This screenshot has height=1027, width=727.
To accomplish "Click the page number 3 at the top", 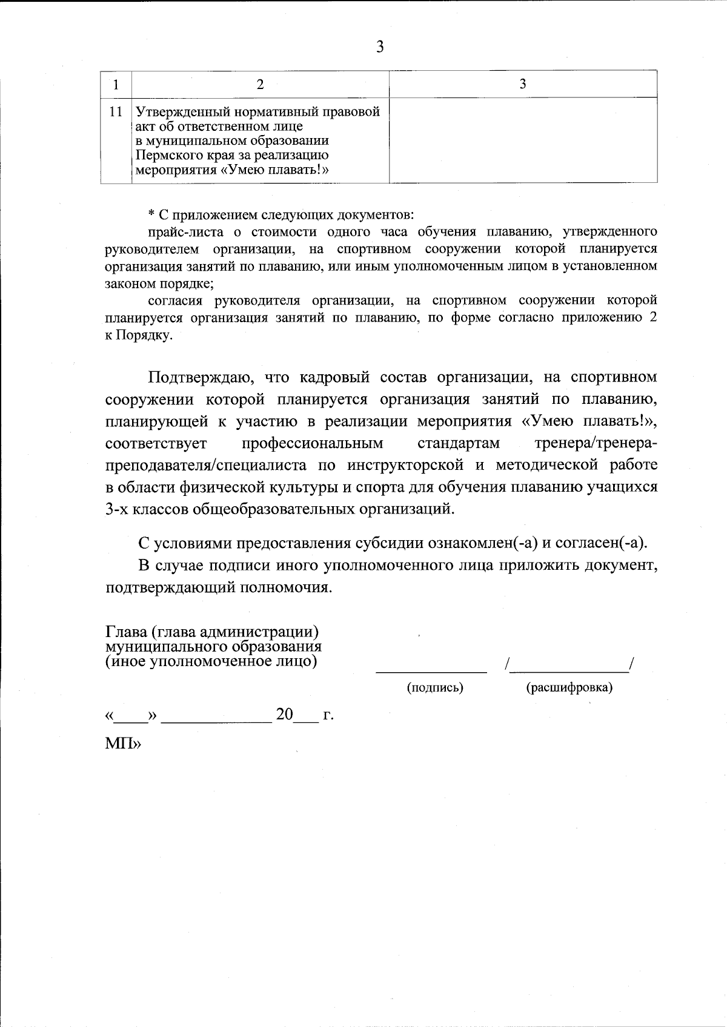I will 380,47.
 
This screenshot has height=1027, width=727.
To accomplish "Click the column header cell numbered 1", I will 115,84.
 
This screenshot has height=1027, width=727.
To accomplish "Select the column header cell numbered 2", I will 260,84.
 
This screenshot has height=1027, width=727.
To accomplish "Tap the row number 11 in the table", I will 116,112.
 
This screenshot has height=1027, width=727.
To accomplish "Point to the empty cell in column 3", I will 522,140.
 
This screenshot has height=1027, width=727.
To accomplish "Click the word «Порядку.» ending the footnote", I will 139,335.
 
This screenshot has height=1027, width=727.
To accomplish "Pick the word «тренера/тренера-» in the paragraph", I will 596,443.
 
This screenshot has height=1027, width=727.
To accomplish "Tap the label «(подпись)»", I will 434,688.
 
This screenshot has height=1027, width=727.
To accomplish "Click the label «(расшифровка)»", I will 569,688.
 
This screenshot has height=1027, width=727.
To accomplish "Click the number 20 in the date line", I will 285,715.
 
